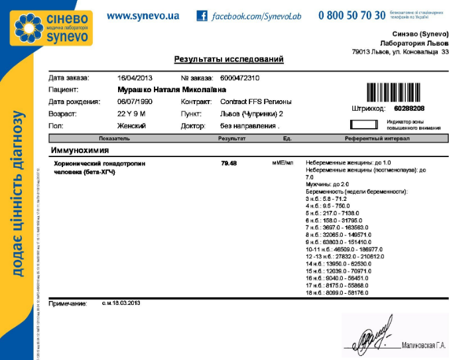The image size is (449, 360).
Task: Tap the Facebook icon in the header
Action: coord(202,15)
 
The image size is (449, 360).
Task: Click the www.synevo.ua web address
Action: coord(143,15)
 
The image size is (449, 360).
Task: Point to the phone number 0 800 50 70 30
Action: coord(352,15)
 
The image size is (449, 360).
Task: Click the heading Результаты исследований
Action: coord(229,60)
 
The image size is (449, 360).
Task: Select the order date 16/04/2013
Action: coord(135,78)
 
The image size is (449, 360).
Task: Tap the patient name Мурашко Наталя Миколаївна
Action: coord(172,90)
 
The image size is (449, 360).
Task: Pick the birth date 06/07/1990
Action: coord(135,101)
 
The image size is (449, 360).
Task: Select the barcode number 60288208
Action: coord(409,107)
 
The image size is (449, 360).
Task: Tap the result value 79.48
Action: coord(229,162)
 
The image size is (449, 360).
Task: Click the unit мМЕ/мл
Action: coord(283,162)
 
